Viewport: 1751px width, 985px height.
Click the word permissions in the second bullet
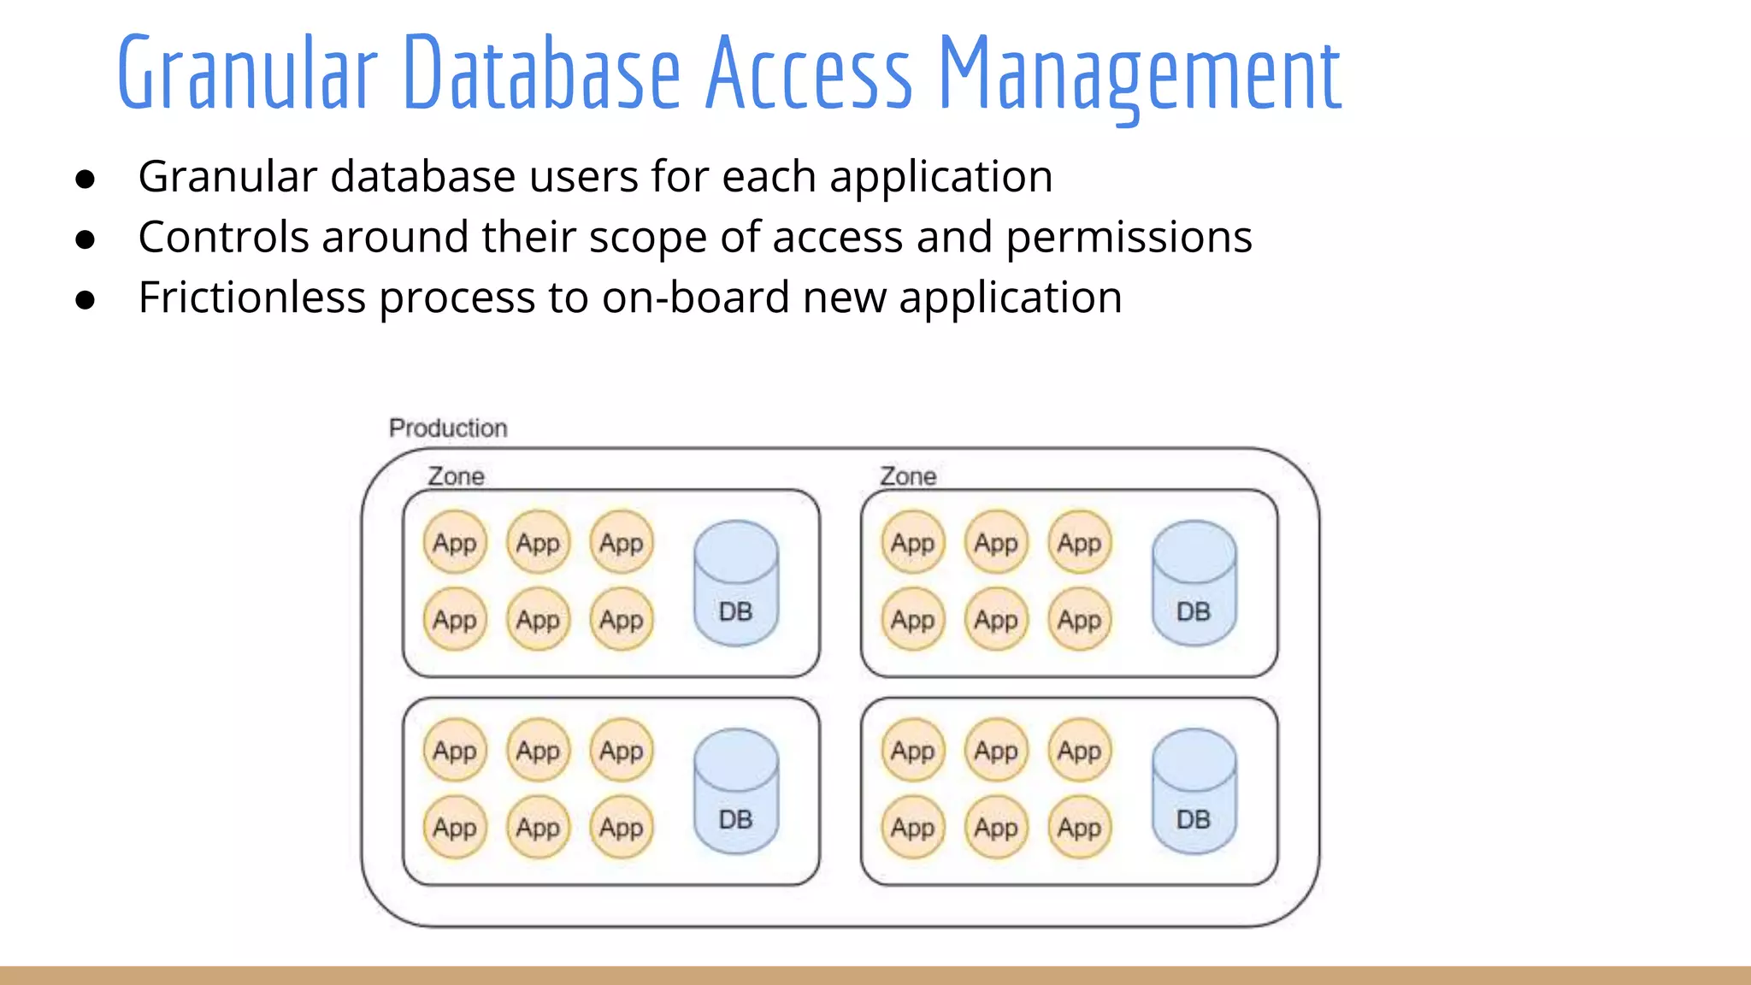pos(1129,238)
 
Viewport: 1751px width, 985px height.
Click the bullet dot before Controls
pos(85,240)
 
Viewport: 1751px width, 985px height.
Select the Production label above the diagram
pos(448,428)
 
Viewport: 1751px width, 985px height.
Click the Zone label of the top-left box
pos(456,476)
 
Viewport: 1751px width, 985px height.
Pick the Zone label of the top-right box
pos(908,476)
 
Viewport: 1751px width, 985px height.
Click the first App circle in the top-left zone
pos(455,542)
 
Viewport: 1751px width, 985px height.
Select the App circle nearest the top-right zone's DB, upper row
pos(1080,542)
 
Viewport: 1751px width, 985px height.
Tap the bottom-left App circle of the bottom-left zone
pos(455,827)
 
